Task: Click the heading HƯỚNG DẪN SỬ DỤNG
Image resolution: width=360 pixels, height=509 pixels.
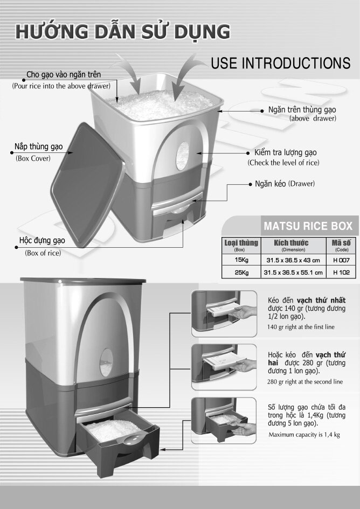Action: (123, 31)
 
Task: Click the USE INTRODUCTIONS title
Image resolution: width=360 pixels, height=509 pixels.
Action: (280, 63)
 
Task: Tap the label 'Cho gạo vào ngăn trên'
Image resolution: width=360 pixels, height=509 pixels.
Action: (64, 74)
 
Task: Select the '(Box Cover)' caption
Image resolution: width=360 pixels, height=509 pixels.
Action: (33, 158)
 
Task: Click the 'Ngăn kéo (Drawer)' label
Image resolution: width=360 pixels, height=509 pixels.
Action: (285, 184)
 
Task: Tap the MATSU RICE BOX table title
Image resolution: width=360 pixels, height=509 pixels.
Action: (307, 225)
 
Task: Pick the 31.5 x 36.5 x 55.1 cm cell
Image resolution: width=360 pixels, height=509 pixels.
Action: (293, 273)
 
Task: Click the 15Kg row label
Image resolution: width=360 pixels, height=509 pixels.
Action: (241, 260)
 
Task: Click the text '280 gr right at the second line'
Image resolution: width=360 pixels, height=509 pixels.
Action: (304, 381)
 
